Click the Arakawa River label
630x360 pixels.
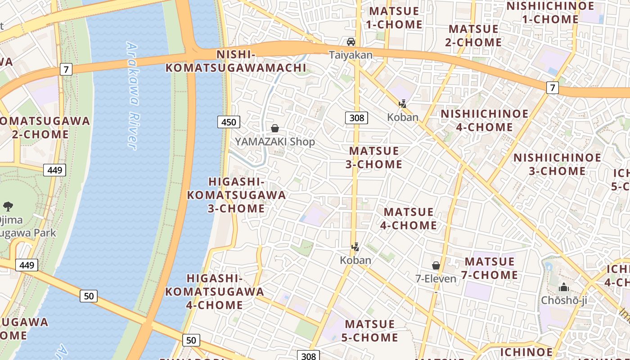click(x=131, y=95)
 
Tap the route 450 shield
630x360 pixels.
click(x=229, y=122)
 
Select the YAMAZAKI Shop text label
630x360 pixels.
click(x=275, y=142)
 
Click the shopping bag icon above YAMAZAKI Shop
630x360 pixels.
click(x=275, y=129)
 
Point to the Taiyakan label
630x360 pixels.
click(x=351, y=55)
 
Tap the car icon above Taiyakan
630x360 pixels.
click(x=351, y=42)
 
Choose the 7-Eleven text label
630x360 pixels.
click(x=436, y=279)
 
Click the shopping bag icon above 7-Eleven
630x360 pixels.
click(x=436, y=265)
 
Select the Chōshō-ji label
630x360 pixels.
click(x=564, y=300)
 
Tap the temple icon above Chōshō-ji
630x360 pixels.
click(x=564, y=287)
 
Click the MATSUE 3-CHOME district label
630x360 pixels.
click(x=374, y=157)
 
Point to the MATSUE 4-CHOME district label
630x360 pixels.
click(x=409, y=218)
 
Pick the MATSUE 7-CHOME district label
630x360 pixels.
click(x=490, y=268)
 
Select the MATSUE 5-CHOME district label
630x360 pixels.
click(x=371, y=331)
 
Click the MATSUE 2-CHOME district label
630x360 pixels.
click(x=474, y=36)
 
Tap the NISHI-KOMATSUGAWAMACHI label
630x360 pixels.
click(x=236, y=61)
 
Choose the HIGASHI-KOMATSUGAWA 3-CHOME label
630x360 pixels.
click(x=237, y=195)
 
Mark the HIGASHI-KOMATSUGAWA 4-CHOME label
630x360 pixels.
click(x=215, y=291)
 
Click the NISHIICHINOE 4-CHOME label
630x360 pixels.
click(x=484, y=120)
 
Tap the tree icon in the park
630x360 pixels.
click(x=8, y=207)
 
